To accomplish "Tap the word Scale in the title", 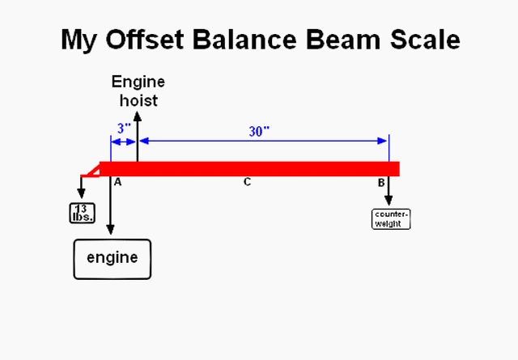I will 420,40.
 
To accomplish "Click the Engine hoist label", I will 138,91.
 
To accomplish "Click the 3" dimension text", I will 122,128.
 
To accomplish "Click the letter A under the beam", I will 117,183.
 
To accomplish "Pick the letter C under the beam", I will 248,183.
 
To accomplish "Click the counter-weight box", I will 391,218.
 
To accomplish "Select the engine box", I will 113,259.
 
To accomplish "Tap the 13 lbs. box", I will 82,213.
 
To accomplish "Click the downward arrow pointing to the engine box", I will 110,210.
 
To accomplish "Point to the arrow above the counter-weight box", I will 389,192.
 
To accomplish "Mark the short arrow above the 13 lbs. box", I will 82,187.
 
